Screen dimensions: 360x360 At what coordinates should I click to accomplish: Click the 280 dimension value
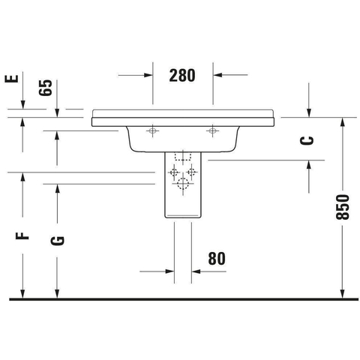tap(182, 75)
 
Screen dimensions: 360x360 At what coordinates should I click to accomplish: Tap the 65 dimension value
tap(46, 88)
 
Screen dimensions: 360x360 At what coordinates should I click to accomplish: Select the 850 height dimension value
tap(342, 207)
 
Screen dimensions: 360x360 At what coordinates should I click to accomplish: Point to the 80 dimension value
tap(217, 259)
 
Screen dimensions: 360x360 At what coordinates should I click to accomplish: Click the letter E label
tap(12, 79)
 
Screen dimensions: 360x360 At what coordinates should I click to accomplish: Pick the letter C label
tap(307, 140)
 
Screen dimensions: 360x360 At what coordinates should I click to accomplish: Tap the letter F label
tap(22, 235)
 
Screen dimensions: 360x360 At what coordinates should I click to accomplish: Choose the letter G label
tap(57, 241)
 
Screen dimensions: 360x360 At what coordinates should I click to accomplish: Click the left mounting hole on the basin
tap(152, 130)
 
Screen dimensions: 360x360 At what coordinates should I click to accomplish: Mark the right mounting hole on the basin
tap(212, 130)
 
